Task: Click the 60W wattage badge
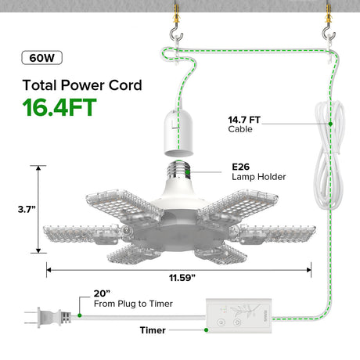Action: click(x=41, y=58)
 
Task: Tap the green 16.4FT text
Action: click(x=59, y=107)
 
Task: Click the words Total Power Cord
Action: click(x=82, y=85)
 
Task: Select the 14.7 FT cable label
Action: click(x=244, y=124)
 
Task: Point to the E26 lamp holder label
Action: click(x=258, y=171)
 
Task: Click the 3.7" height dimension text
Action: click(x=27, y=209)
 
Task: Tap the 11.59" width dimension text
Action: click(x=182, y=278)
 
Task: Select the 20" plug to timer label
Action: click(x=133, y=298)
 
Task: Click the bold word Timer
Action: click(x=153, y=330)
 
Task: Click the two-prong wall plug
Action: click(x=49, y=318)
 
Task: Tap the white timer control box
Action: click(x=239, y=315)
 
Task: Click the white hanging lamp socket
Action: click(x=178, y=133)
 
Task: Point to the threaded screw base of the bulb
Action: click(x=178, y=170)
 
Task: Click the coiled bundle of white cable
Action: click(x=329, y=155)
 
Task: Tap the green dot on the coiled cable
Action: click(x=330, y=124)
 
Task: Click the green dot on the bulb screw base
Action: click(x=188, y=172)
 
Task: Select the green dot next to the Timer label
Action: click(x=206, y=330)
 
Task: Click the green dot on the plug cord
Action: click(x=80, y=315)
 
